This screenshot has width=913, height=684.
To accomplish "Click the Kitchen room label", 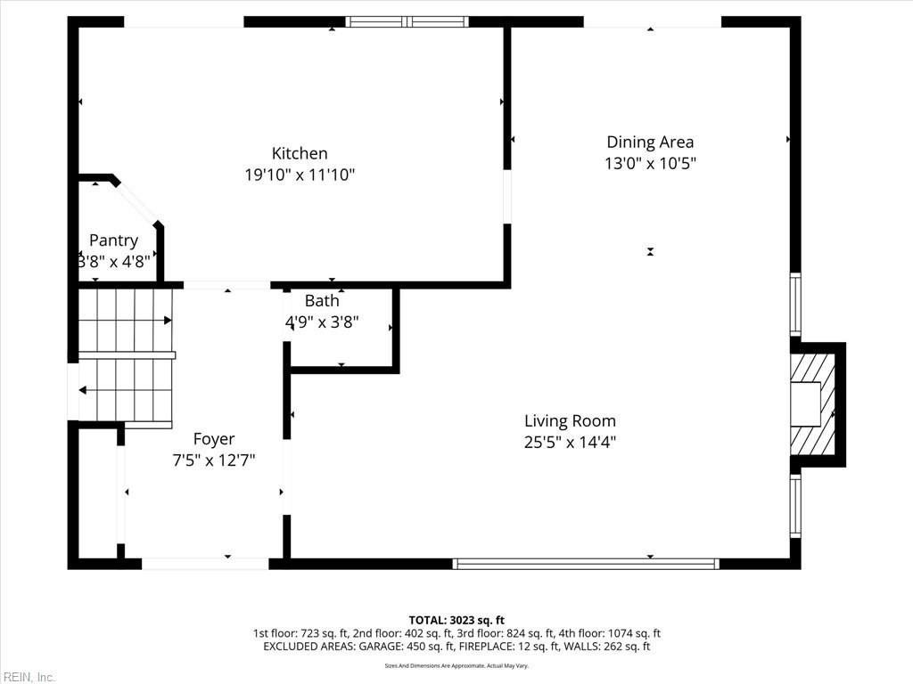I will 300,153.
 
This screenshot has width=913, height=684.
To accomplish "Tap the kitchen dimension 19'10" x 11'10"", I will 300,175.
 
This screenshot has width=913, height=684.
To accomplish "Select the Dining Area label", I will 650,142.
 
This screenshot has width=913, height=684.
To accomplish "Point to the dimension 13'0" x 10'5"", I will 650,164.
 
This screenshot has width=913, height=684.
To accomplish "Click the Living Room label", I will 570,421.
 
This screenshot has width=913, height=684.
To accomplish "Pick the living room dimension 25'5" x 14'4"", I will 570,442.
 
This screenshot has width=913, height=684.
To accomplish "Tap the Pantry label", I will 113,240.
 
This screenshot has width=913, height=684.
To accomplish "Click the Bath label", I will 321,301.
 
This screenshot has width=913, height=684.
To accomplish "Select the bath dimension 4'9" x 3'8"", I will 321,322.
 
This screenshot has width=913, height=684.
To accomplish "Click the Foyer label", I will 214,439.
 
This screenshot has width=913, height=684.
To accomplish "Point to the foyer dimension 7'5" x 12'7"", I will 214,460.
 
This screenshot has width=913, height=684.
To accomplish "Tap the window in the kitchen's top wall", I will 407,21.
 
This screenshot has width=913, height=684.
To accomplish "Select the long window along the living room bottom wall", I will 586,563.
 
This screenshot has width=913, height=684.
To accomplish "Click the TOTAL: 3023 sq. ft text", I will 456,620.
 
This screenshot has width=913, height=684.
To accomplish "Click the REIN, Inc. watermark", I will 29,677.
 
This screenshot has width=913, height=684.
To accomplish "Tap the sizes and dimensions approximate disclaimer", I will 456,665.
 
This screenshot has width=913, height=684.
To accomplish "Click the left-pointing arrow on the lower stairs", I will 83,390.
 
